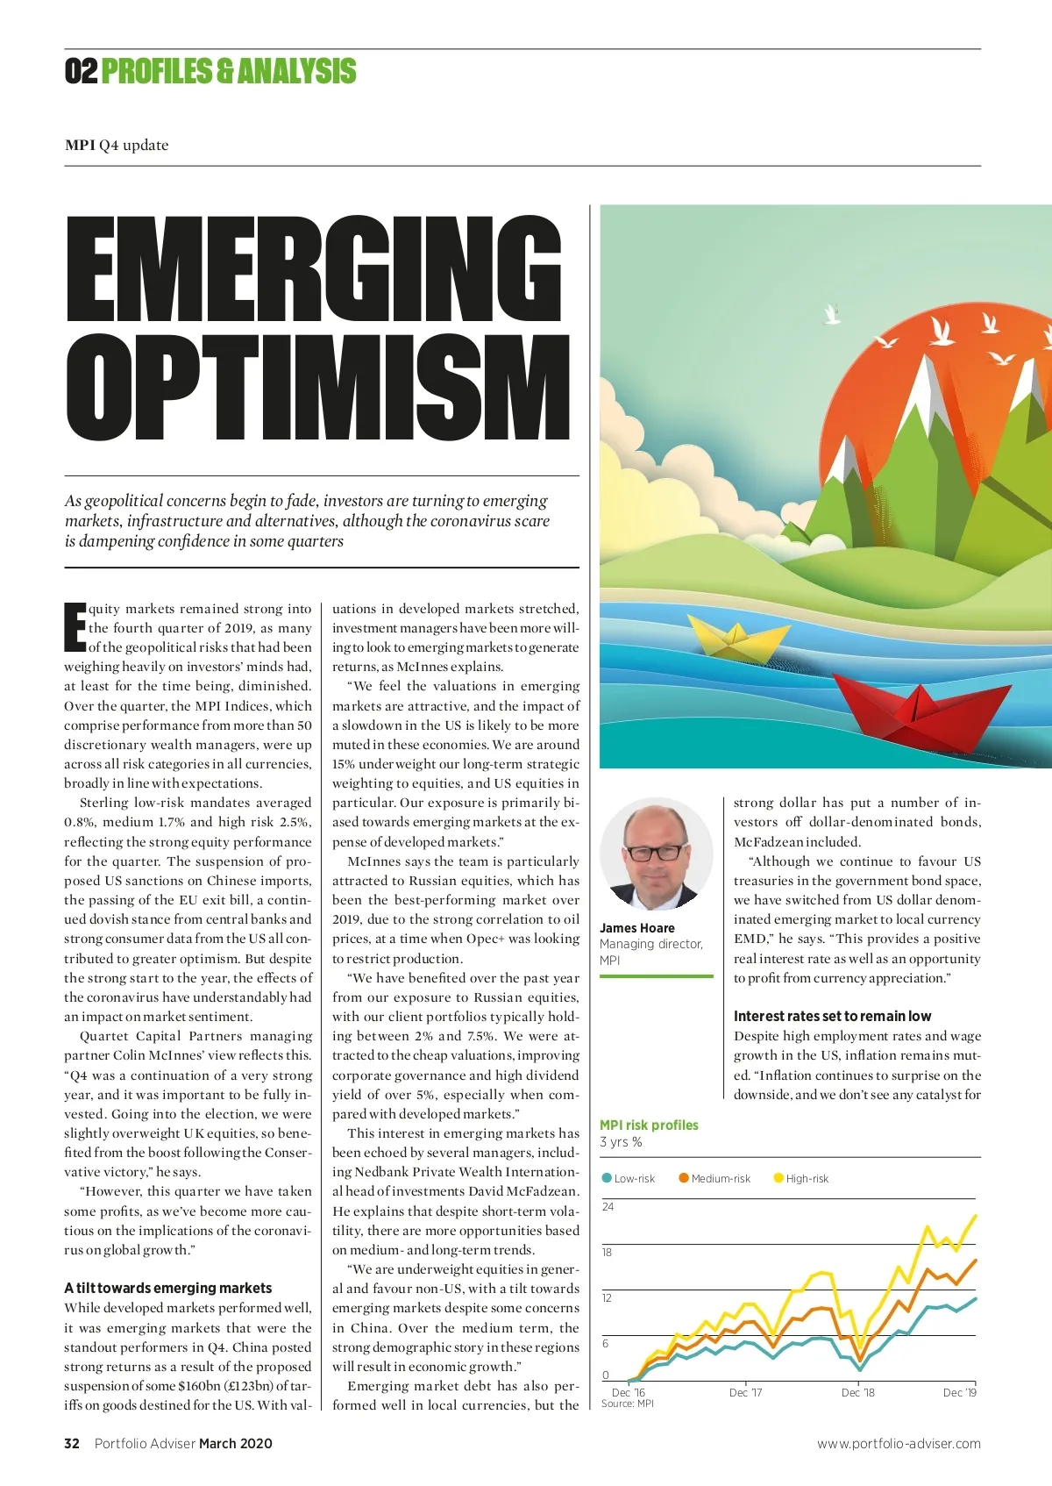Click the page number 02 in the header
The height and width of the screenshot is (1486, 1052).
coord(81,71)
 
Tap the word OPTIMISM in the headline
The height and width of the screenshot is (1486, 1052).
coord(317,387)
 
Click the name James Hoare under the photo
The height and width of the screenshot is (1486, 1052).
coord(636,927)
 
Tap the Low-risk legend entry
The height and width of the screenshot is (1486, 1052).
coord(629,1178)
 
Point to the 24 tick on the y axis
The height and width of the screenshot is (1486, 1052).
coord(608,1206)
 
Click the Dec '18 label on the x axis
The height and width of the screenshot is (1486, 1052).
coord(857,1392)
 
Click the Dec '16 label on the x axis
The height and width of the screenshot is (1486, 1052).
coord(628,1392)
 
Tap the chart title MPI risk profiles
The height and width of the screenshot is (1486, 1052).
coord(649,1125)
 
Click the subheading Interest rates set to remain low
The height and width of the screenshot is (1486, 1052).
coord(832,1016)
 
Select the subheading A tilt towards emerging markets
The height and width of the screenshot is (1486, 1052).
coord(167,1288)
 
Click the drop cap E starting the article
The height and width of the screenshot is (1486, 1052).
coord(75,626)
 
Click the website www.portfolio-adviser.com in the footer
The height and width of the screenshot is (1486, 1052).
coord(899,1443)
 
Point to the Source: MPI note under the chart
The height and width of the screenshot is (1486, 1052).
coord(627,1404)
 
